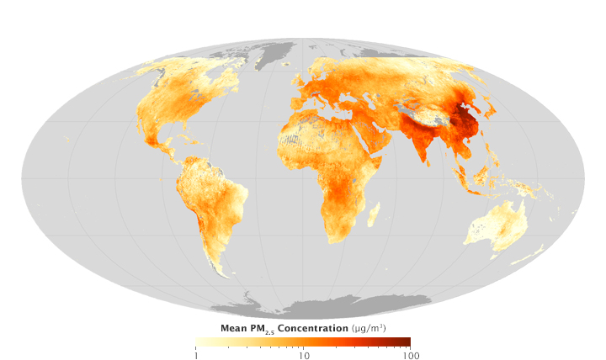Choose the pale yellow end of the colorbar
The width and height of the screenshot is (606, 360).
tap(199, 342)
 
